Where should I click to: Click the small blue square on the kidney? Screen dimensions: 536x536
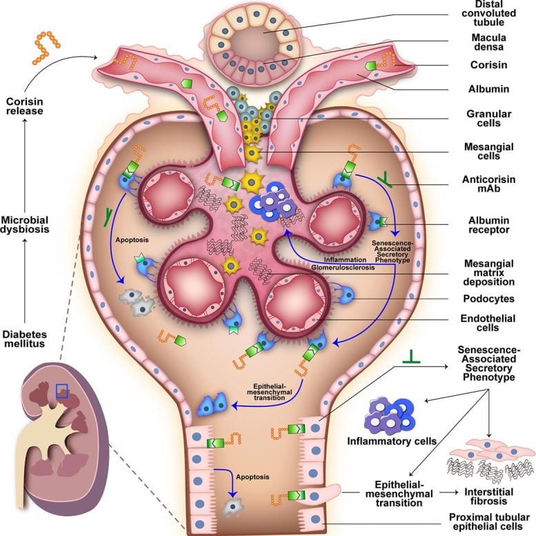(62, 392)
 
